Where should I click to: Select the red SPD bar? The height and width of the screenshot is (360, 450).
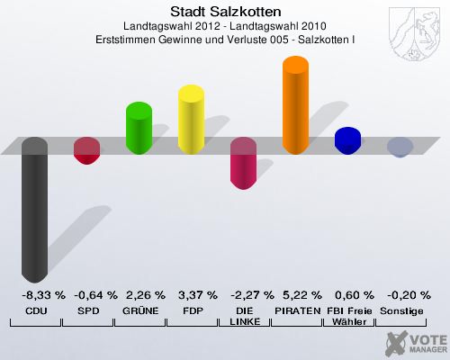(x=86, y=150)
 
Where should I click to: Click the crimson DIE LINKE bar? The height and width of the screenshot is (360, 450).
(x=244, y=163)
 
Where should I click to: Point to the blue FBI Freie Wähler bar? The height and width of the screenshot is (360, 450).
(x=348, y=140)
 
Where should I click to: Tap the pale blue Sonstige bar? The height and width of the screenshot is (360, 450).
(x=400, y=147)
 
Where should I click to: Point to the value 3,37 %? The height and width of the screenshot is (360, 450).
(x=197, y=294)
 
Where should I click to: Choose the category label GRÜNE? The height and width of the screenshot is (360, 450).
(x=140, y=310)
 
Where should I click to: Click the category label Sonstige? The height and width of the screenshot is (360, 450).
(x=401, y=310)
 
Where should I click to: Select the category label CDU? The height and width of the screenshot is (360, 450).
(x=36, y=310)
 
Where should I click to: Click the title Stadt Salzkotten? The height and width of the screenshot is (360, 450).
(x=224, y=12)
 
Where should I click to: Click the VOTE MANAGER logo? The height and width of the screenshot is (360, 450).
(x=416, y=344)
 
